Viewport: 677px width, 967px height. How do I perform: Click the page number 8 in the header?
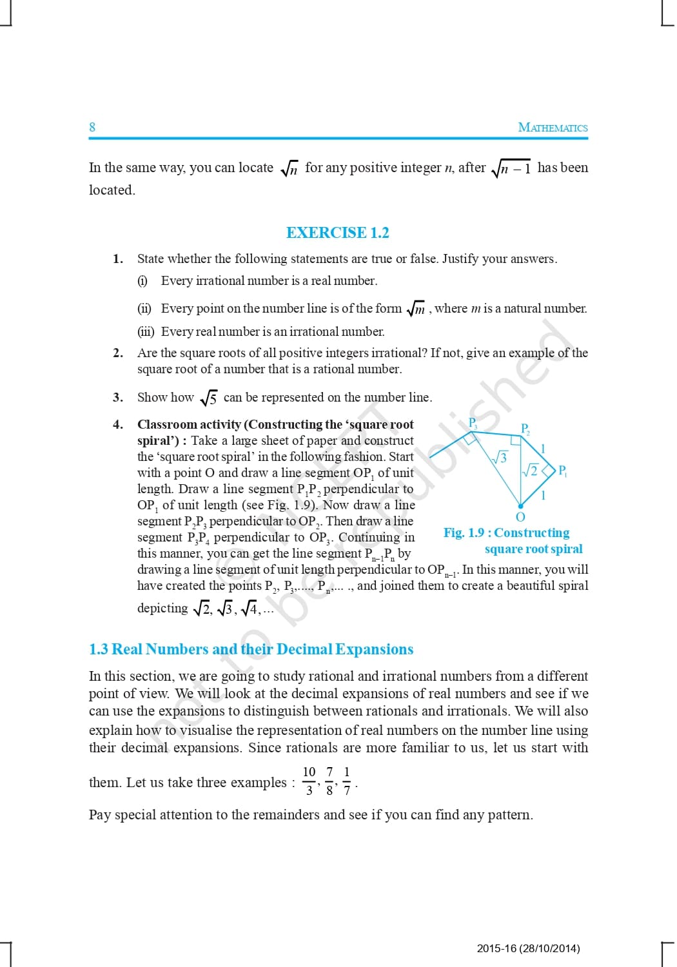pos(92,127)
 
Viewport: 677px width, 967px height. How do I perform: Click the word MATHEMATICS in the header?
pos(553,128)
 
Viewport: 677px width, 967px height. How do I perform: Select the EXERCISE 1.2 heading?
pos(337,233)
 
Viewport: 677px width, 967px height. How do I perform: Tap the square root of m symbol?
pos(416,309)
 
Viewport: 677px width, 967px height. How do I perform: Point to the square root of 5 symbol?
pos(208,398)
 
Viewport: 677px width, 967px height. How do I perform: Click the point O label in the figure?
pos(520,517)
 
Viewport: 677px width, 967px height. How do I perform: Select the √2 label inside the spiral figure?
pos(530,471)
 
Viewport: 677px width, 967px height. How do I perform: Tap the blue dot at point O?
pos(520,506)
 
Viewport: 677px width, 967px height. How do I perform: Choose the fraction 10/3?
pos(309,781)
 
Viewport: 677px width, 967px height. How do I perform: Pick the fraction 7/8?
pos(329,781)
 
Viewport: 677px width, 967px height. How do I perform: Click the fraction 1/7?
pos(347,781)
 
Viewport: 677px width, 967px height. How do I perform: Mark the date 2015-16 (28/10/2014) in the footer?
pos(528,948)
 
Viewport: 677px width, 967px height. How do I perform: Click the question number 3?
pos(117,397)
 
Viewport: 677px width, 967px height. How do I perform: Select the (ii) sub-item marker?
pos(144,309)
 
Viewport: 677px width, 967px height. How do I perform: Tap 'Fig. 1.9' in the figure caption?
pos(463,533)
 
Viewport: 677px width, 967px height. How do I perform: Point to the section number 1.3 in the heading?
pos(99,649)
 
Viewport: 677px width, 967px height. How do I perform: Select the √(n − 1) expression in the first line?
pos(511,168)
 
